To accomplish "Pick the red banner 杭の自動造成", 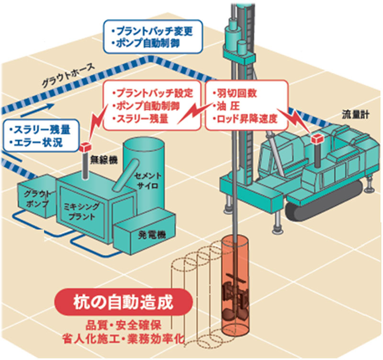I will point(125,303).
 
